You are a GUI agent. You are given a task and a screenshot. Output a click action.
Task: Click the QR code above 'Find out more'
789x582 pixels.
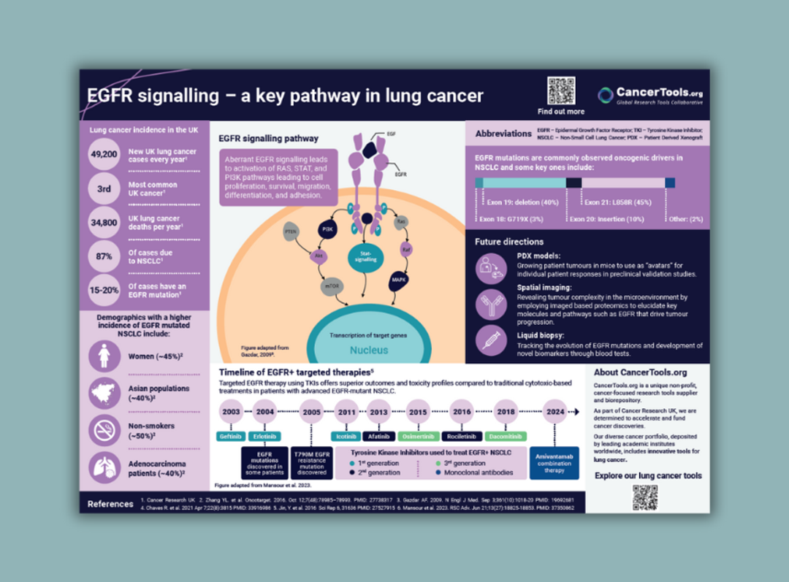[560, 91]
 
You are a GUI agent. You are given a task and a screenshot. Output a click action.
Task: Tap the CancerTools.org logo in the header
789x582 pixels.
[649, 96]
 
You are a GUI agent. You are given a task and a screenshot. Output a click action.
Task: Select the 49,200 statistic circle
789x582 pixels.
[104, 155]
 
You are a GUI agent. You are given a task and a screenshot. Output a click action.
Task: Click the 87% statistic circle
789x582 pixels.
[104, 256]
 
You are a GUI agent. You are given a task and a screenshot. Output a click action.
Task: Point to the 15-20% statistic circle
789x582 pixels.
[104, 291]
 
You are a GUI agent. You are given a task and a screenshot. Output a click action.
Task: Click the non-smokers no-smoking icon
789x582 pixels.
[104, 431]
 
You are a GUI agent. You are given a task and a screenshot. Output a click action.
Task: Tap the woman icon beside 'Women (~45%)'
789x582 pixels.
[104, 356]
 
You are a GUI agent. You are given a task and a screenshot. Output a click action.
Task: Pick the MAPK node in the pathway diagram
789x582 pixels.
[399, 280]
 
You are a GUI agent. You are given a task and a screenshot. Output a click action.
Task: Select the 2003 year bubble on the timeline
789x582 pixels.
[232, 412]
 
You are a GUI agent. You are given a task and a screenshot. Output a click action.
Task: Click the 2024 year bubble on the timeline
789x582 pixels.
[555, 412]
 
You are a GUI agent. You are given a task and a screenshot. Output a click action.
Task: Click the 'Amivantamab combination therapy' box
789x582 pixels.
[554, 463]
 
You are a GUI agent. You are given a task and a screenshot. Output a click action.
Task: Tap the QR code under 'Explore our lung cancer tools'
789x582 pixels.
[645, 497]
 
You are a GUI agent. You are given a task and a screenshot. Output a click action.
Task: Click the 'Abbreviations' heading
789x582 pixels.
[503, 134]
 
